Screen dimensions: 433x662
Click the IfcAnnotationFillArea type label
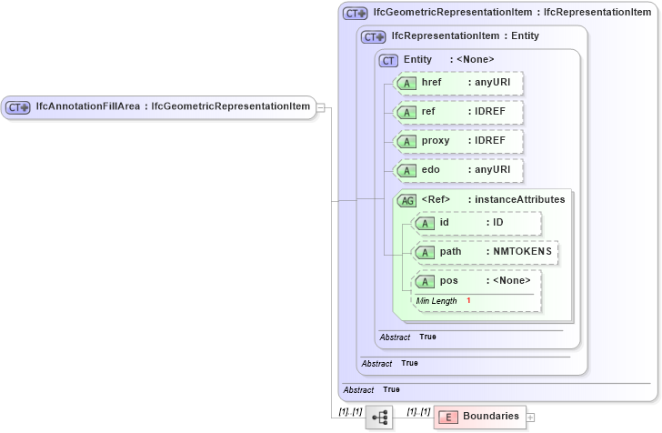click(x=173, y=107)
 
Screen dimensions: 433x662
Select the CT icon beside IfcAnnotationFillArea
click(x=19, y=107)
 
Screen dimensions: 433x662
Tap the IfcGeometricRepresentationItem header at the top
click(x=512, y=13)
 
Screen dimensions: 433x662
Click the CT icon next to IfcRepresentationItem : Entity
click(x=374, y=37)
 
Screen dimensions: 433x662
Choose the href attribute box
click(x=460, y=83)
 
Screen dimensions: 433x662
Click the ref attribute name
click(x=428, y=112)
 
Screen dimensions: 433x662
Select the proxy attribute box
click(x=460, y=141)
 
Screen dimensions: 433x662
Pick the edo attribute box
click(x=460, y=170)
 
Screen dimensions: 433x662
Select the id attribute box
click(x=476, y=223)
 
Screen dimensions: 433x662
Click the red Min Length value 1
click(x=469, y=300)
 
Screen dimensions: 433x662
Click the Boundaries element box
click(x=479, y=417)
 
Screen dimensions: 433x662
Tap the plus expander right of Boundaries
click(x=531, y=417)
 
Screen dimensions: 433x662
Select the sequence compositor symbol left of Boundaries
click(x=380, y=418)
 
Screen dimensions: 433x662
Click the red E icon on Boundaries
click(x=447, y=417)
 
